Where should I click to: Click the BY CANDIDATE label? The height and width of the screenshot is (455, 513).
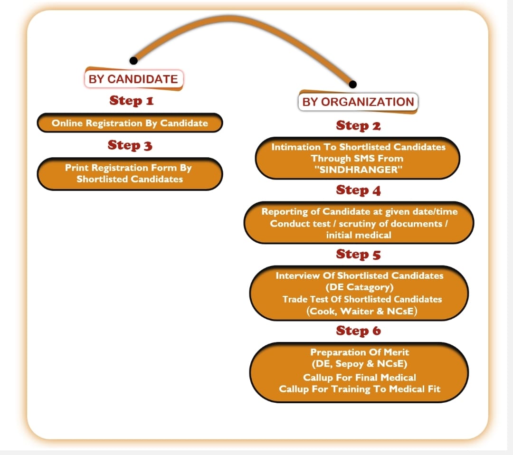pos(133,79)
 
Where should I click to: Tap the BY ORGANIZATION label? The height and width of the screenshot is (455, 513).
pos(358,102)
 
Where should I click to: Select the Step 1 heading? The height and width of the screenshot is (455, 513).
pos(132,100)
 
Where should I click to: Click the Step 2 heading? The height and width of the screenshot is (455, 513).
pos(358,125)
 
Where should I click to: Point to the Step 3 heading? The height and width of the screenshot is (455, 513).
pos(130,145)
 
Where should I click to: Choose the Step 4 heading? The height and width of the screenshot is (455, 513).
pos(358,190)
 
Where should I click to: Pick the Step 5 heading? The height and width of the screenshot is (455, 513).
pos(358,254)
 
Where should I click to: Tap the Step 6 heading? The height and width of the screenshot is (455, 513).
pos(358,331)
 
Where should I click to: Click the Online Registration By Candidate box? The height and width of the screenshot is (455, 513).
pos(130,123)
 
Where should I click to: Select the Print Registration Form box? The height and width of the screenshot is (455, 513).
pos(130,174)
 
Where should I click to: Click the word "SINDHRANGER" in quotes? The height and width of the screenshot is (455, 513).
pos(358,170)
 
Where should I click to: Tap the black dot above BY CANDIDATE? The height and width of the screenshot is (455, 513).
pos(133,60)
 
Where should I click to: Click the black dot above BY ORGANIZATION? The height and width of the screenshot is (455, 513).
pos(352,85)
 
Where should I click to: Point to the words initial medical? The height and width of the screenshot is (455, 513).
pos(359,235)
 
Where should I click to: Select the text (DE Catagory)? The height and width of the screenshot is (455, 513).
pos(359,287)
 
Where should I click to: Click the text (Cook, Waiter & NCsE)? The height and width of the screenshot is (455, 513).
pos(362,311)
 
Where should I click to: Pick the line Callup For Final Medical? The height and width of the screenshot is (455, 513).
pos(360,378)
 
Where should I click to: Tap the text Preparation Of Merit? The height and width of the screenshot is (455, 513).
pos(360,352)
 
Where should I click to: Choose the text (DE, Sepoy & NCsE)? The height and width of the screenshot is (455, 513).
pos(359,364)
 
